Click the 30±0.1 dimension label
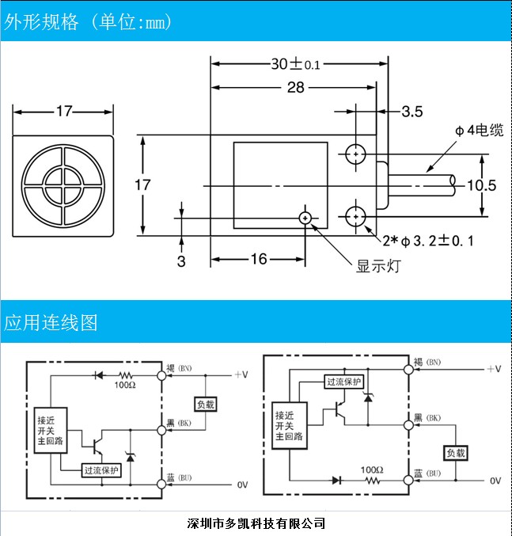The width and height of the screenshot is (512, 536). pyautogui.click(x=295, y=65)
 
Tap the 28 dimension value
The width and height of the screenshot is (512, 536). pyautogui.click(x=295, y=88)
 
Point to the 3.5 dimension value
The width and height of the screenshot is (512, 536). pyautogui.click(x=411, y=111)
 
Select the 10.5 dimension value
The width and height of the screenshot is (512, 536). pyautogui.click(x=481, y=185)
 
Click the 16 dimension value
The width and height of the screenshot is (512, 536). pyautogui.click(x=259, y=258)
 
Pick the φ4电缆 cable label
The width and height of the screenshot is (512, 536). pyautogui.click(x=478, y=130)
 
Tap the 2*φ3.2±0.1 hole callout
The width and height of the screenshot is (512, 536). pyautogui.click(x=427, y=240)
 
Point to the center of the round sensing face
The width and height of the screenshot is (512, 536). pyautogui.click(x=64, y=185)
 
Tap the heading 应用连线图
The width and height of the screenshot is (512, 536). pyautogui.click(x=51, y=323)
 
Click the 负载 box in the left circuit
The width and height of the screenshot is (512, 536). pyautogui.click(x=205, y=404)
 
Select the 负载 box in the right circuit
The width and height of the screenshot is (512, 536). pyautogui.click(x=456, y=453)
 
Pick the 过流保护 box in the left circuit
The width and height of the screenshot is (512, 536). pyautogui.click(x=101, y=470)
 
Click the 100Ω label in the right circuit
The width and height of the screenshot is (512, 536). pyautogui.click(x=373, y=469)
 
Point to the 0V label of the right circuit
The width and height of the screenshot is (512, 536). pyautogui.click(x=495, y=481)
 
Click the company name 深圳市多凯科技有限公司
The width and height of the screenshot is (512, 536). pyautogui.click(x=256, y=523)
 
